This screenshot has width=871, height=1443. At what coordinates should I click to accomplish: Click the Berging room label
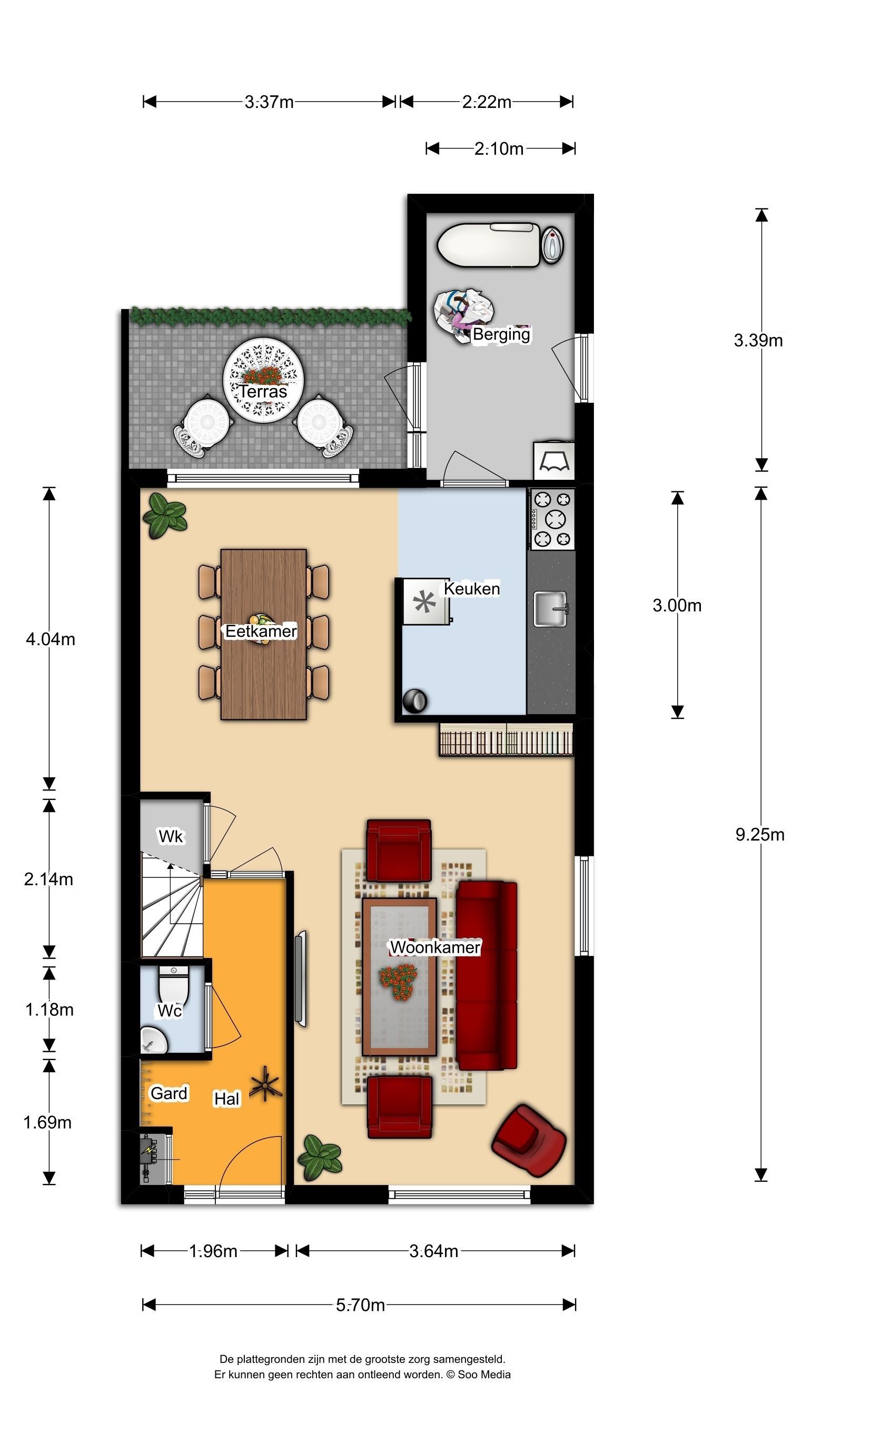pyautogui.click(x=501, y=334)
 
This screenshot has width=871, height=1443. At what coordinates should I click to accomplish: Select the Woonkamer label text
pyautogui.click(x=435, y=947)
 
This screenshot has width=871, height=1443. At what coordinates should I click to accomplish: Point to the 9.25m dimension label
pyautogui.click(x=760, y=835)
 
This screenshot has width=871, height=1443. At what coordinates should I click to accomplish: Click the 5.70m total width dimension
pyautogui.click(x=360, y=1305)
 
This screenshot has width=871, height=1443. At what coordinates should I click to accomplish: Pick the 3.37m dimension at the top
pyautogui.click(x=269, y=102)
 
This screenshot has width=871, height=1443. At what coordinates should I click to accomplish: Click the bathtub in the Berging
pyautogui.click(x=489, y=245)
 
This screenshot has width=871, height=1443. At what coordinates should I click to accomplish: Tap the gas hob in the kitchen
pyautogui.click(x=552, y=519)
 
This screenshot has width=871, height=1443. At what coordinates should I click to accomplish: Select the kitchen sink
pyautogui.click(x=551, y=609)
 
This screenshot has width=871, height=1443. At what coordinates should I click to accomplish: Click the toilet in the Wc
pyautogui.click(x=173, y=986)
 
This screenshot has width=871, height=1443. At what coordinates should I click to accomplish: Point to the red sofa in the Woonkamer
pyautogui.click(x=486, y=976)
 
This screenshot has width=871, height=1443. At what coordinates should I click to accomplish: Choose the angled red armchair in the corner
pyautogui.click(x=529, y=1140)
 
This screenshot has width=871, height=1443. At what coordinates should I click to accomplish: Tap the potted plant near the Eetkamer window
pyautogui.click(x=165, y=516)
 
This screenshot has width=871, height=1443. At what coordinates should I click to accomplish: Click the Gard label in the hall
pyautogui.click(x=169, y=1093)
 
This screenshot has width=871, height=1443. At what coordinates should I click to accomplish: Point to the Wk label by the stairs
pyautogui.click(x=171, y=836)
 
